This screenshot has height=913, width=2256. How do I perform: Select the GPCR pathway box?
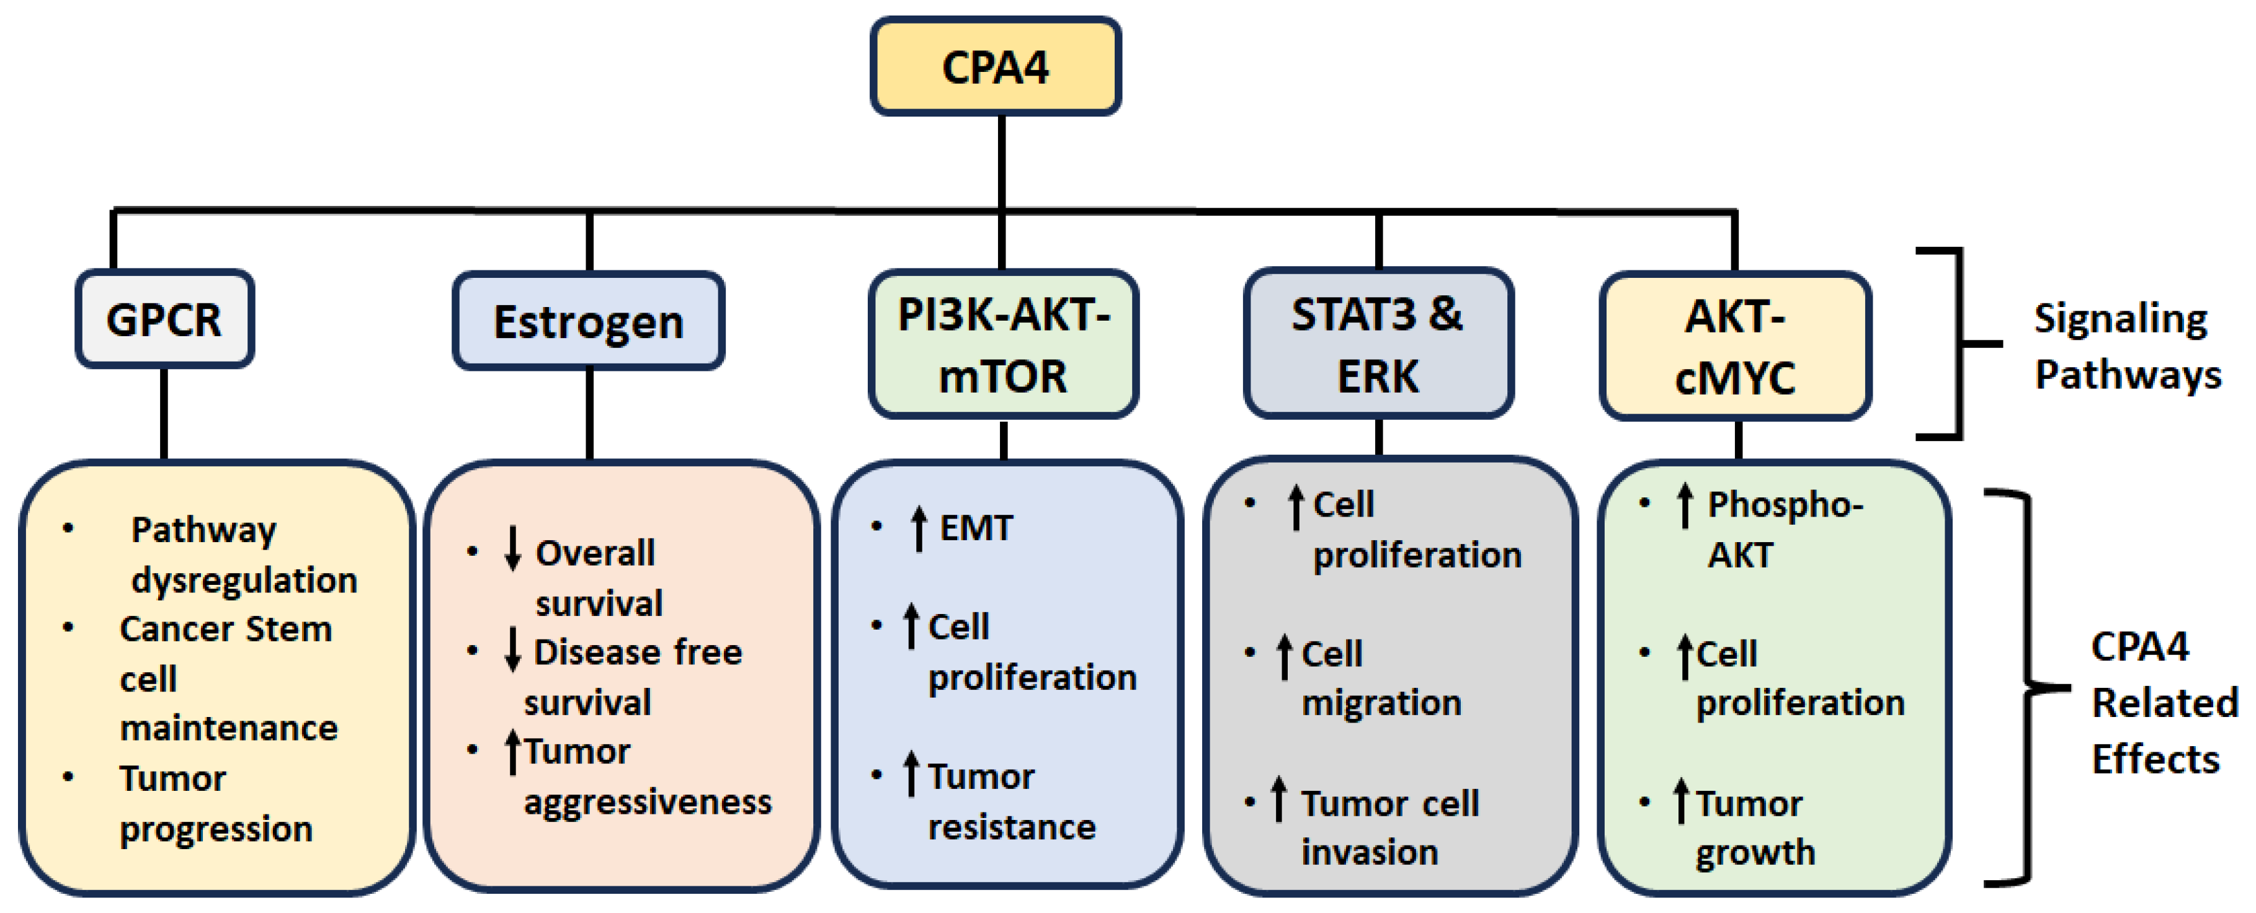pos(164,319)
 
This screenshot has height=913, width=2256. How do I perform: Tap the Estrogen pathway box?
pos(587,322)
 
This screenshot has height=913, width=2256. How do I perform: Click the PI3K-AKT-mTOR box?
pos(1003,344)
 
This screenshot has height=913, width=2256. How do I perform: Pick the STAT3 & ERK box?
pos(1378,344)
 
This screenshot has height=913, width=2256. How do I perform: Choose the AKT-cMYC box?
pos(1735,345)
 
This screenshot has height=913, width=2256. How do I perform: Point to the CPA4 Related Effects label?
pos(2162,702)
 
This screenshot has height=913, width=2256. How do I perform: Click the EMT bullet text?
pos(974,528)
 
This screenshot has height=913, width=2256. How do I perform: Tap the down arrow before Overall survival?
pos(513,549)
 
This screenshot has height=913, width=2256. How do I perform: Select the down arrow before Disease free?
pos(513,649)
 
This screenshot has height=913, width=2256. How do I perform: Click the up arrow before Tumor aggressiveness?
pos(513,752)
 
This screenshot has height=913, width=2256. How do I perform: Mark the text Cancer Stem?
pos(225,628)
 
